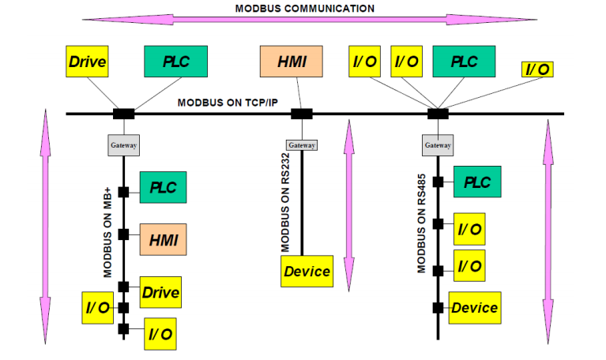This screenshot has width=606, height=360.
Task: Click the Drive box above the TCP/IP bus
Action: (88, 62)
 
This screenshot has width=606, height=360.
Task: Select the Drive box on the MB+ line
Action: (160, 293)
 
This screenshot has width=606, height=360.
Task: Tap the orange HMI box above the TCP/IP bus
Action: (292, 62)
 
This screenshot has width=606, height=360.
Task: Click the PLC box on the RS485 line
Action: (476, 182)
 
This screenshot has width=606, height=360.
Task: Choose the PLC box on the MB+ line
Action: (163, 188)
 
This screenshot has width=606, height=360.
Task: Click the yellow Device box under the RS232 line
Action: (307, 272)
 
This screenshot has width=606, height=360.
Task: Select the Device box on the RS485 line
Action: (474, 307)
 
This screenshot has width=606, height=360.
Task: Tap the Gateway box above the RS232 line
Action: (302, 145)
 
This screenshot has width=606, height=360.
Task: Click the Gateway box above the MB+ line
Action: (123, 145)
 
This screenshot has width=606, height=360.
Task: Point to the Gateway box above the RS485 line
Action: (438, 145)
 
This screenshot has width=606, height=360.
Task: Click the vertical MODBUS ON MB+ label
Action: (107, 233)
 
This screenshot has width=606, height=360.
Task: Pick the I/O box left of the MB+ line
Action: (98, 307)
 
